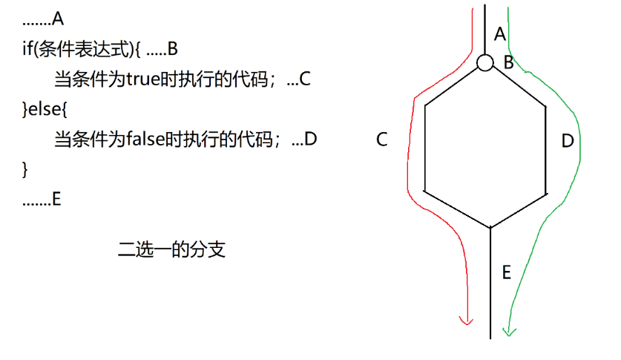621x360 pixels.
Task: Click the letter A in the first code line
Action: click(59, 20)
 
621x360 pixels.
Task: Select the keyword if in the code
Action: click(27, 50)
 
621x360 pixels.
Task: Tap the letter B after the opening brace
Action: click(172, 50)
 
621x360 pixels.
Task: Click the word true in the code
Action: click(143, 79)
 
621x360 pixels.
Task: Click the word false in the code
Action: click(145, 139)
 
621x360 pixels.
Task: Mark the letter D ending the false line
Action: click(311, 139)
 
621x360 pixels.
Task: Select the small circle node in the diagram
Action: click(485, 63)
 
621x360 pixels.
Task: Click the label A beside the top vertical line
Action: click(499, 34)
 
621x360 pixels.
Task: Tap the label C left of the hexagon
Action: click(382, 140)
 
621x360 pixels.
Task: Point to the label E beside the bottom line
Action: click(506, 272)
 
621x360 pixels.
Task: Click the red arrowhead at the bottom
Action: click(466, 320)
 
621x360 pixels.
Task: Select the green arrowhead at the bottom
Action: click(508, 330)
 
